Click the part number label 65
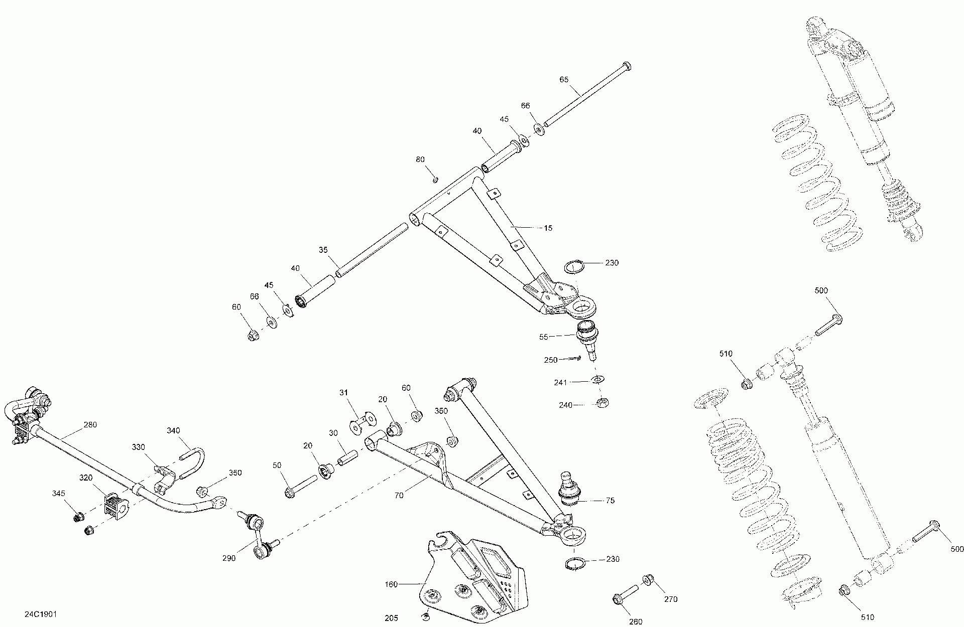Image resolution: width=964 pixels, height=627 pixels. point(564,80)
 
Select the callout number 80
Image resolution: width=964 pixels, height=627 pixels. point(420,160)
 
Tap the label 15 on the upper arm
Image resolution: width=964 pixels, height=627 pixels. point(548,228)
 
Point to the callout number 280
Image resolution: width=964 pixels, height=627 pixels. point(90,425)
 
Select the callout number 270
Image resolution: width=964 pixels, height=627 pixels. point(671,599)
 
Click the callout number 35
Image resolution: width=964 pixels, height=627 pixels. point(323,249)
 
